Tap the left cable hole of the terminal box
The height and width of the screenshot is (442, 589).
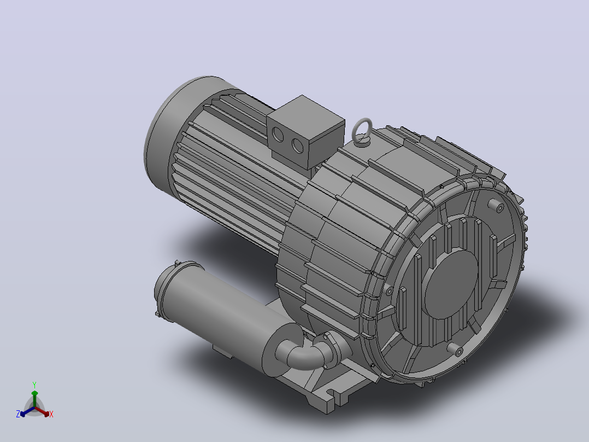pyautogui.click(x=278, y=134)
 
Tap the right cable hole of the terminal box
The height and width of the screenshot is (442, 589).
pyautogui.click(x=297, y=146)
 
